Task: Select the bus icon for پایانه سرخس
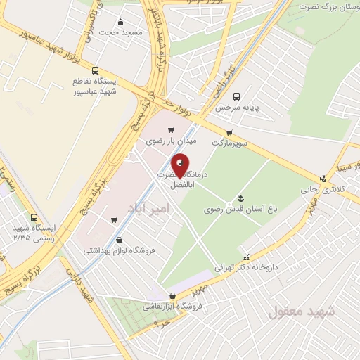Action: point(236,97)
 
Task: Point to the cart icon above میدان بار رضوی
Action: point(172,130)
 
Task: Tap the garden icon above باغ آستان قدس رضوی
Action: point(240,197)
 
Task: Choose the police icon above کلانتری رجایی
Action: point(323,179)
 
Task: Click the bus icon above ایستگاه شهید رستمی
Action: point(34,217)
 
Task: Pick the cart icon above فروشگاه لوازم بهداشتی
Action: point(114,221)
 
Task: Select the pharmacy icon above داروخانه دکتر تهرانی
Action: point(245,257)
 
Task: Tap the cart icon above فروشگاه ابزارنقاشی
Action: point(173,295)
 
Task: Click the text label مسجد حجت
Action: point(120,32)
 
